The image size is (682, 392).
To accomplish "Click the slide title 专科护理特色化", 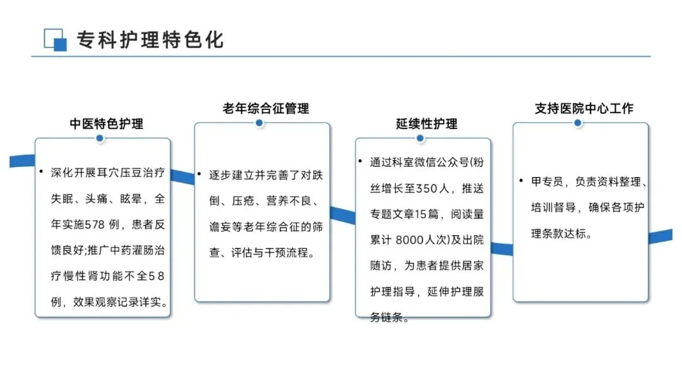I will tap(150, 40).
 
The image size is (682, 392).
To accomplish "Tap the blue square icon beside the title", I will tap(56, 40).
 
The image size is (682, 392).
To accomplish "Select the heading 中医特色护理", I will tap(106, 123).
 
